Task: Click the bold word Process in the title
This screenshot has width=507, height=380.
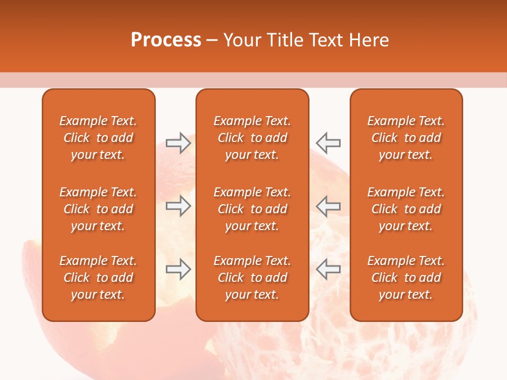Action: pyautogui.click(x=166, y=40)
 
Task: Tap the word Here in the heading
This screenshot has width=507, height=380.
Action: pyautogui.click(x=369, y=40)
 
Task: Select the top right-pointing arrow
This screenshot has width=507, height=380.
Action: pyautogui.click(x=178, y=143)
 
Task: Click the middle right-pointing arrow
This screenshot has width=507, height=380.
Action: pyautogui.click(x=178, y=206)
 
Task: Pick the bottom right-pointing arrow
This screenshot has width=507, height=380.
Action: pyautogui.click(x=178, y=269)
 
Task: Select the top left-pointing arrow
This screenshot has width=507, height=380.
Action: pyautogui.click(x=328, y=143)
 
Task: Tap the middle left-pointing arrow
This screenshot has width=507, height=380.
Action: pyautogui.click(x=328, y=206)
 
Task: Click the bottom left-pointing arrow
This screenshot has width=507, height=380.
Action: pyautogui.click(x=328, y=269)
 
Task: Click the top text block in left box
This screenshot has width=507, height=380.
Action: pyautogui.click(x=98, y=138)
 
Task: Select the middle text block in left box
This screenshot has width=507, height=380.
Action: pyautogui.click(x=98, y=209)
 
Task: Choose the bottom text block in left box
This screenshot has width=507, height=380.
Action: pyautogui.click(x=98, y=278)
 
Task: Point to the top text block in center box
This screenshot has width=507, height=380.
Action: pyautogui.click(x=252, y=138)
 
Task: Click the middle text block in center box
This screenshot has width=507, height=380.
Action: pyautogui.click(x=252, y=209)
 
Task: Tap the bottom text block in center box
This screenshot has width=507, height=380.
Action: pyautogui.click(x=252, y=278)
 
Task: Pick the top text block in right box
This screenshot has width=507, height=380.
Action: pyautogui.click(x=406, y=138)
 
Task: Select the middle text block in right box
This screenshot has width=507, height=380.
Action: pyautogui.click(x=406, y=209)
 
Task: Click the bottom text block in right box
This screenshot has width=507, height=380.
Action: pyautogui.click(x=406, y=278)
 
